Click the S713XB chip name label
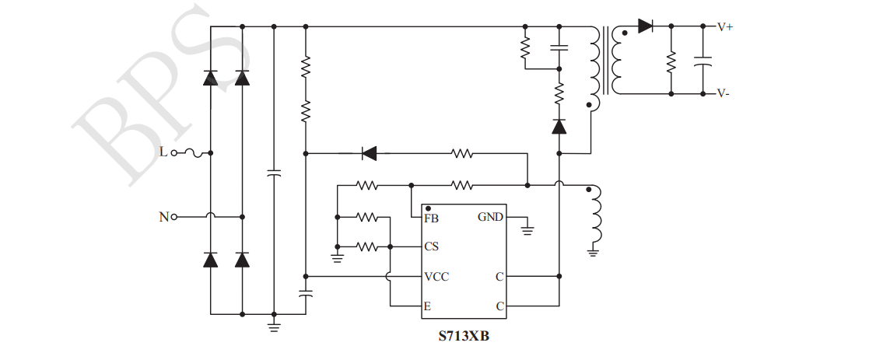coord(464,337)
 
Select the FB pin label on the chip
coord(431,218)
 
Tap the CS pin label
coord(431,247)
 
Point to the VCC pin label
coord(436,277)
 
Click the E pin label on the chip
coord(427,306)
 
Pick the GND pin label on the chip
coord(490,218)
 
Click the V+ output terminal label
coord(724,26)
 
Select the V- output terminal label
coord(723,93)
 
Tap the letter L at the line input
coord(163,152)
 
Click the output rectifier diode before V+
coord(645,26)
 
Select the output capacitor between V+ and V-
coord(703,61)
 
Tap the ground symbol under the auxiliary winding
coord(593,250)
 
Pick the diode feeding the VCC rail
coord(370,153)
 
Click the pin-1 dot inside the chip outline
coord(429,208)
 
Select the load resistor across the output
coord(671,60)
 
